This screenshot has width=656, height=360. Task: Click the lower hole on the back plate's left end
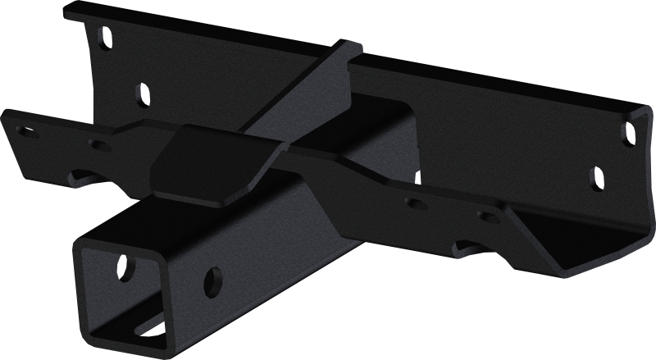[x=141, y=93]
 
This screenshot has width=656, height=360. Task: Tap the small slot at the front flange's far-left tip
[x=28, y=130]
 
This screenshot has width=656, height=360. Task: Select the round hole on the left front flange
[x=99, y=145]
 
